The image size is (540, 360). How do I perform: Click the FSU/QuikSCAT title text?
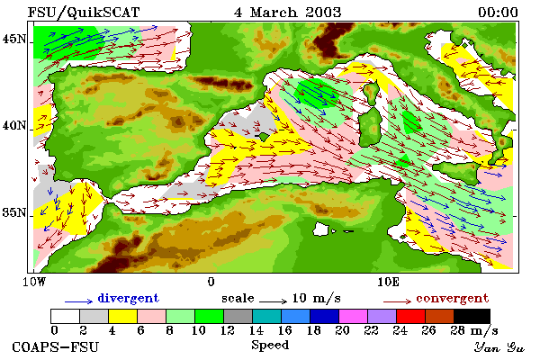(x=84, y=13)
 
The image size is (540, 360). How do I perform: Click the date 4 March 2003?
(x=288, y=13)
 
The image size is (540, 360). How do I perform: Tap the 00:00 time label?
(x=498, y=13)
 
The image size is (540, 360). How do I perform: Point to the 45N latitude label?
(x=14, y=39)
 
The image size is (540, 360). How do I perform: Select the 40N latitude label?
(x=14, y=125)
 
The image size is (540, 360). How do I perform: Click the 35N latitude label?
(x=14, y=212)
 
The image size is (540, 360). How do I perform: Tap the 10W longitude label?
(x=34, y=282)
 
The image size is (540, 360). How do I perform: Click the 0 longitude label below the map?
(x=211, y=282)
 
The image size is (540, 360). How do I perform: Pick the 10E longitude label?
(x=389, y=282)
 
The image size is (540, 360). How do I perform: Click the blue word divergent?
(x=129, y=298)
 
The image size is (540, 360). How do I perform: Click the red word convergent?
(x=453, y=298)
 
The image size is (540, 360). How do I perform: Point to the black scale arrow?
(x=273, y=301)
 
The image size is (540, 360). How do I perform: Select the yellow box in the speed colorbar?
(x=122, y=316)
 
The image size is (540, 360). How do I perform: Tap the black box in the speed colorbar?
(x=472, y=316)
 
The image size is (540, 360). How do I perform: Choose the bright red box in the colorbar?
(x=410, y=316)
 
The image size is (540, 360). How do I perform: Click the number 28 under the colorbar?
(x=458, y=330)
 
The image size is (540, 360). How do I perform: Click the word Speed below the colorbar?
(x=270, y=346)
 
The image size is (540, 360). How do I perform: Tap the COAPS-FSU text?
(x=56, y=346)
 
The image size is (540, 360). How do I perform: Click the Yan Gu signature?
(x=499, y=347)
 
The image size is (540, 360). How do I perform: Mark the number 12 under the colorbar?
(x=228, y=330)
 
